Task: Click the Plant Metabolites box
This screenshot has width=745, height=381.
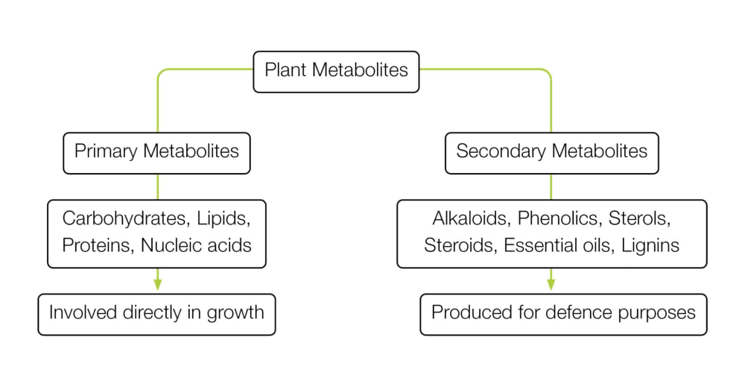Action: point(336,72)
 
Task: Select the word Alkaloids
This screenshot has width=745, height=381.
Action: point(469,219)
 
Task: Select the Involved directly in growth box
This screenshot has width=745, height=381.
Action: point(156,313)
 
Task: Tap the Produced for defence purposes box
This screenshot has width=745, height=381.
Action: point(563,313)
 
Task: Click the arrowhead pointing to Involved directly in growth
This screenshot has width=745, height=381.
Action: point(157,283)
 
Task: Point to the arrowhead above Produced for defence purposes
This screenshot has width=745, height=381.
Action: point(551,283)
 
